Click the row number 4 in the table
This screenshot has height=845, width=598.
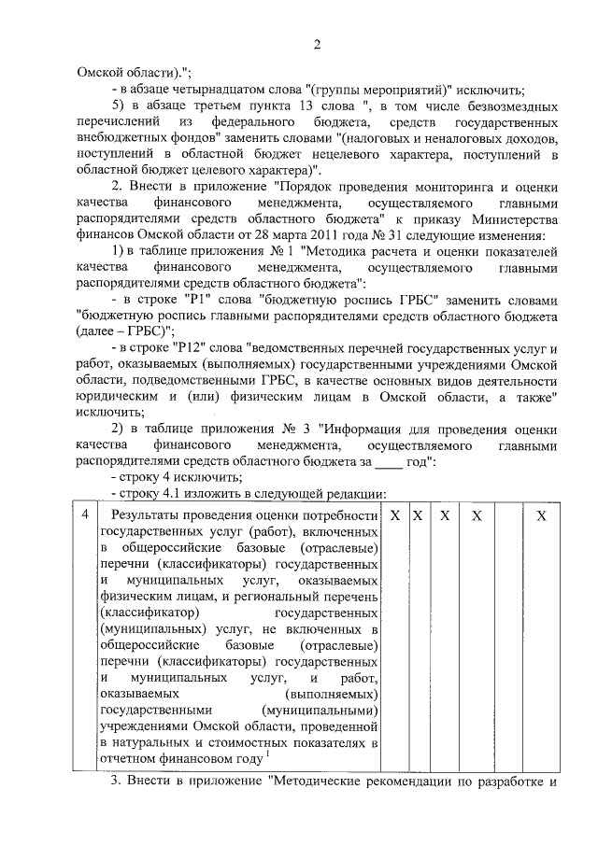click(85, 515)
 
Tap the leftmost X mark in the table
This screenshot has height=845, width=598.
click(395, 515)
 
